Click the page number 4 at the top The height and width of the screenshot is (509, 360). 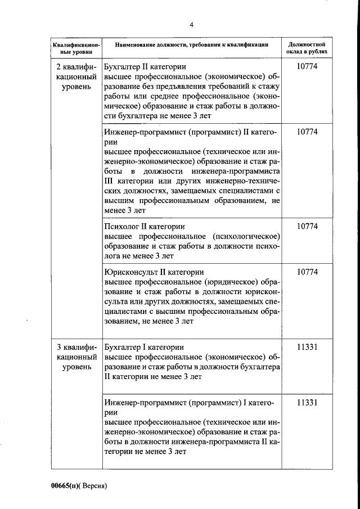pyautogui.click(x=191, y=24)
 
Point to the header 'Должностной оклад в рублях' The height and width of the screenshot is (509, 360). pyautogui.click(x=307, y=47)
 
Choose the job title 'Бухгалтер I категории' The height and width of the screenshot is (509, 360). pyautogui.click(x=144, y=346)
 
